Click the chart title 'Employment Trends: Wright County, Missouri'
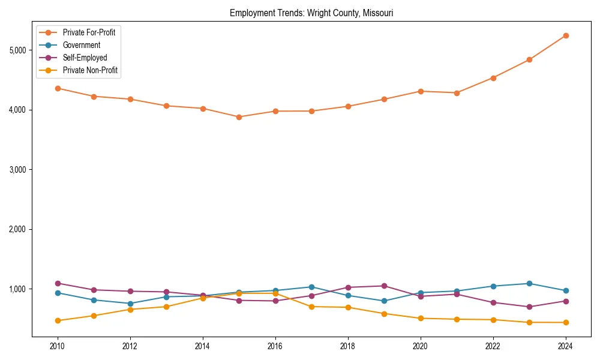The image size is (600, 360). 311,13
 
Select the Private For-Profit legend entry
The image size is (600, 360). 89,32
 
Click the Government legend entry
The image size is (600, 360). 82,45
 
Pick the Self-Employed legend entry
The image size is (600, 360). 85,58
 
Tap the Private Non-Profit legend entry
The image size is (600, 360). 90,70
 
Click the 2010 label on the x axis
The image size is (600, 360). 58,346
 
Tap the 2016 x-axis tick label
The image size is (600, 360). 275,346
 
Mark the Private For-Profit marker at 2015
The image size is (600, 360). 239,117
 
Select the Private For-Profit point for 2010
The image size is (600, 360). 58,88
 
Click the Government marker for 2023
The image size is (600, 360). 529,283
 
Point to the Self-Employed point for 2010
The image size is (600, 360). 58,283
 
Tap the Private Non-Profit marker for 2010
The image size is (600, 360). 58,320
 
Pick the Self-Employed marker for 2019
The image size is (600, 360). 384,286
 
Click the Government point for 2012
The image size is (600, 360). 130,304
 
